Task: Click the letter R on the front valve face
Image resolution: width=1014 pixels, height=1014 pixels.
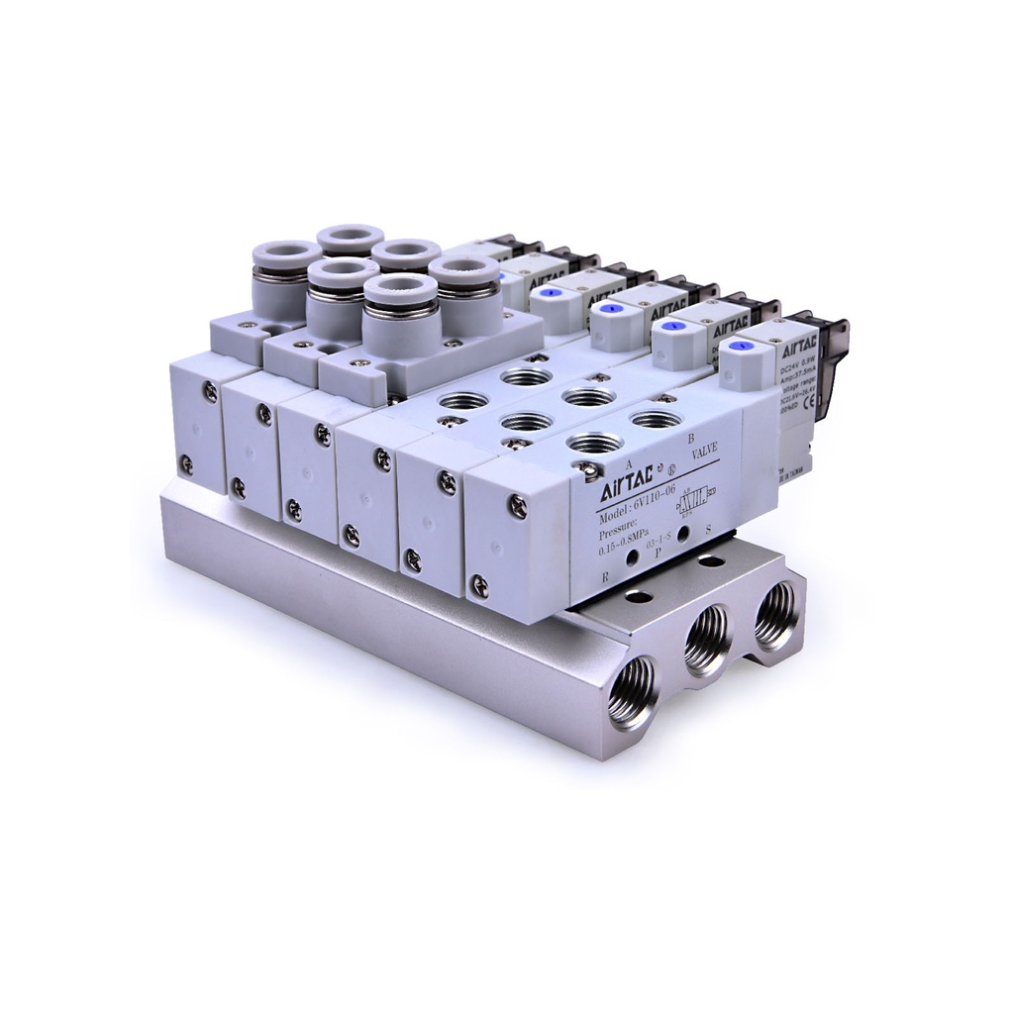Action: [605, 575]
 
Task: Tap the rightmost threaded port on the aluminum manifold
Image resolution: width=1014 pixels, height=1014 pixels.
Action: [776, 613]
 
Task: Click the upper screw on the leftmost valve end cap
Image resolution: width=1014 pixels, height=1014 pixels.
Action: [208, 393]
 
